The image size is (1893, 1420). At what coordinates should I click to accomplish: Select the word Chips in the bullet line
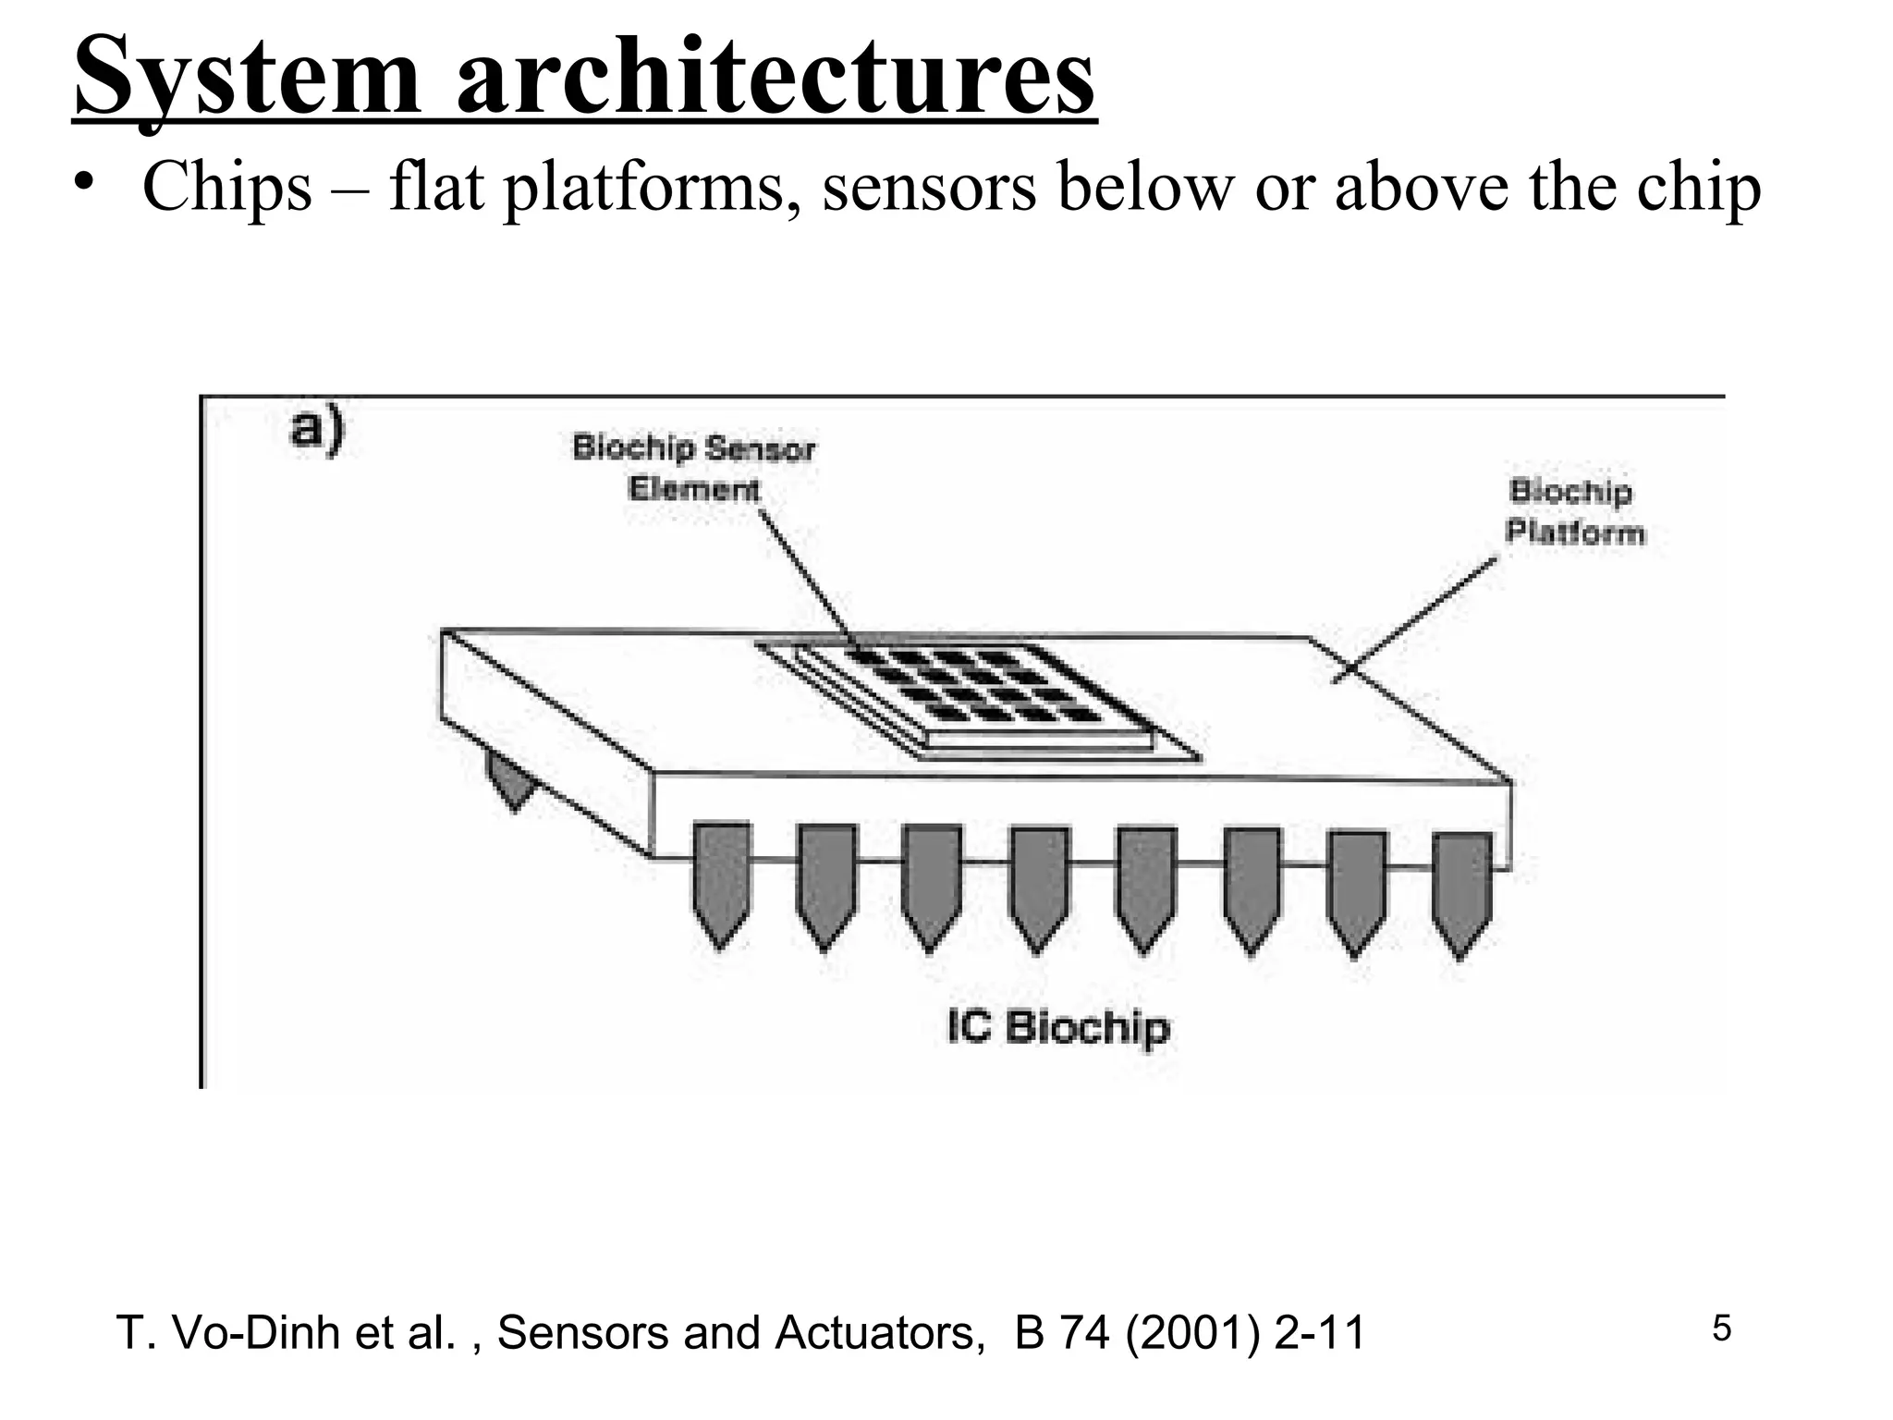[x=227, y=188]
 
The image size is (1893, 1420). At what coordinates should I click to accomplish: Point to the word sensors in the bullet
[x=929, y=188]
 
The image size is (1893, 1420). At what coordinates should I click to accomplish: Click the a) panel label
[x=317, y=432]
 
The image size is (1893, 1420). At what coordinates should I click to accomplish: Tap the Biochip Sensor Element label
[x=694, y=469]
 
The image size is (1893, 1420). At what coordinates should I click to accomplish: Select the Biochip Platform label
[x=1574, y=512]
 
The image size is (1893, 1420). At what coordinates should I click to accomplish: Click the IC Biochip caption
[x=1058, y=1027]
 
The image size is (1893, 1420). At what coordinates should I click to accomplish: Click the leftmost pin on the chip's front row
[x=721, y=884]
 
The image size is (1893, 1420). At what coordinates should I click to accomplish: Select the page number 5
[x=1721, y=1328]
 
